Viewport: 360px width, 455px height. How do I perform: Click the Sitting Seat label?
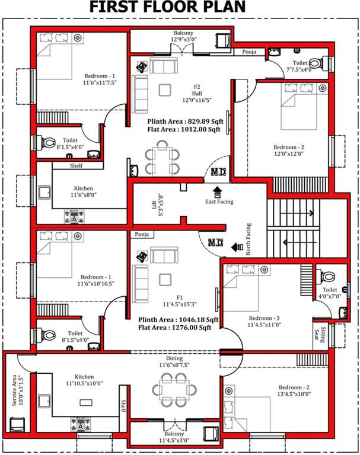click(x=316, y=337)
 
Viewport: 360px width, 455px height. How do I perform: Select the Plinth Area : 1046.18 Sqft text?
click(x=179, y=319)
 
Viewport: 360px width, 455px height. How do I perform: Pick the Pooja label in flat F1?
click(x=141, y=235)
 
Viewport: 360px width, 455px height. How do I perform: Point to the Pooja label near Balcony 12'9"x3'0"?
click(x=249, y=52)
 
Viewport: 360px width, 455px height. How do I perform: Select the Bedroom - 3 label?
click(x=264, y=318)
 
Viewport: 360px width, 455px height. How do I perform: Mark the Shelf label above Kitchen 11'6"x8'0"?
click(x=76, y=166)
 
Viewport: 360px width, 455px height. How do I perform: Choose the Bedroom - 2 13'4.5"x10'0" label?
click(x=294, y=390)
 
